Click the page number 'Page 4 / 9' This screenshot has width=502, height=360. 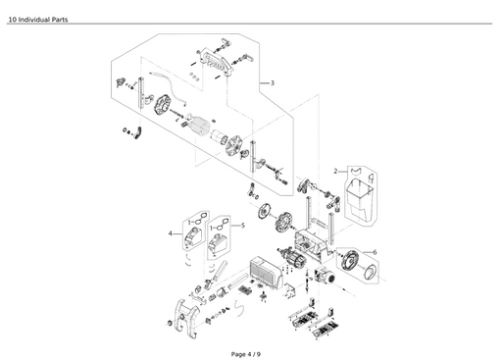(246, 353)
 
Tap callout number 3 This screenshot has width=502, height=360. (272, 83)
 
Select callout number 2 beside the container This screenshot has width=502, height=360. (335, 171)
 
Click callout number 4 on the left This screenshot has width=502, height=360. (170, 233)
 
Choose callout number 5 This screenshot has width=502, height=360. (243, 225)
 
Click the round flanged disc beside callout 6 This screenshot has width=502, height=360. (347, 261)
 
